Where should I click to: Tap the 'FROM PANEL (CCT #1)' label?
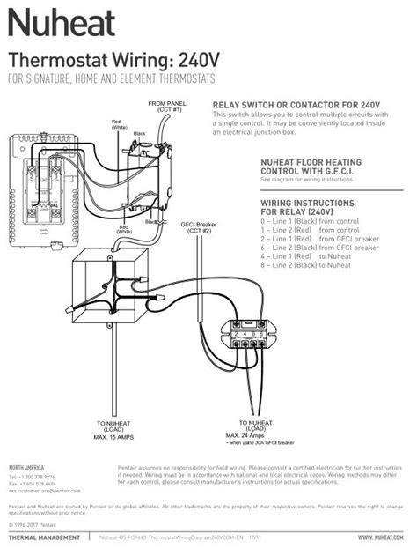coord(165,107)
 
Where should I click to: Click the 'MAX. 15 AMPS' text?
coord(114,437)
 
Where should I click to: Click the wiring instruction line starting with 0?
coord(304,222)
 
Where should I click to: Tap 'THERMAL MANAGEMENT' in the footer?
coord(45,537)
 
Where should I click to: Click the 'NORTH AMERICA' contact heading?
coord(26,466)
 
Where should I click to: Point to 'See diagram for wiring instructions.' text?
coord(304,179)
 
